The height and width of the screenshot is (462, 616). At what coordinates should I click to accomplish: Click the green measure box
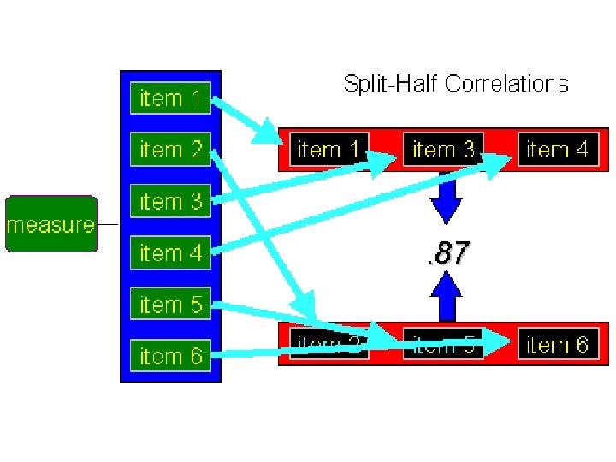click(50, 224)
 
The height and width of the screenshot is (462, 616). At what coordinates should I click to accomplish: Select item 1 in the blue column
click(171, 98)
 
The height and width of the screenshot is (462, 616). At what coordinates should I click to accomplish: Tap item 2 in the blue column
click(171, 150)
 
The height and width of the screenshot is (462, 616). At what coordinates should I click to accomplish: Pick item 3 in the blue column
click(171, 202)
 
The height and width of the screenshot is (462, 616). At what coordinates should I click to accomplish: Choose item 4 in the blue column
click(171, 253)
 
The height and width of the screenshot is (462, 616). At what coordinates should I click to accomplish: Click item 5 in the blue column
click(171, 305)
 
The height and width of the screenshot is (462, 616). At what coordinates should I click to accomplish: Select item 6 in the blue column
click(171, 356)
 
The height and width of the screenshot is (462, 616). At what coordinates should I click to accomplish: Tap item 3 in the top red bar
click(443, 150)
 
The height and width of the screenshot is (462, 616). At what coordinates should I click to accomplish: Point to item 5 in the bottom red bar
click(443, 346)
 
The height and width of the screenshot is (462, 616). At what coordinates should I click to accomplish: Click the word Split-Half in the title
click(390, 84)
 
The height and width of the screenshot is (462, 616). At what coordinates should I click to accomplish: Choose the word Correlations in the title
click(506, 84)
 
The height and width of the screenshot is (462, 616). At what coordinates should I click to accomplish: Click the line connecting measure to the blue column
click(108, 225)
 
